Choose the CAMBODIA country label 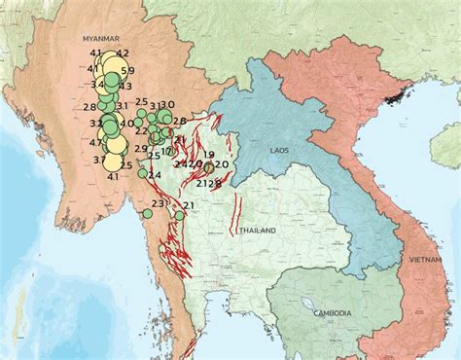[x=333, y=312]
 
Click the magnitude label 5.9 [x=126, y=70]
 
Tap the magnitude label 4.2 [x=122, y=54]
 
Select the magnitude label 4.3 [x=125, y=87]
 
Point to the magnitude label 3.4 [x=97, y=85]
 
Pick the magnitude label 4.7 [x=95, y=142]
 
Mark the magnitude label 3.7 [x=99, y=160]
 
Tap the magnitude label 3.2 [x=96, y=124]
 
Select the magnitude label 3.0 [x=167, y=104]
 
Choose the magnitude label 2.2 [x=141, y=130]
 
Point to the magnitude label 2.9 [x=141, y=149]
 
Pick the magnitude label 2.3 [x=159, y=203]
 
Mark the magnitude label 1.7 [x=166, y=152]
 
